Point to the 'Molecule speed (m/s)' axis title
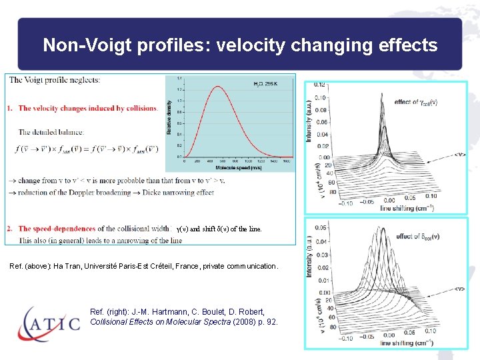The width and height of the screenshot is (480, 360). pyautogui.click(x=229, y=165)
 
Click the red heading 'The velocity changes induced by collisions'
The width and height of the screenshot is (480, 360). pyautogui.click(x=87, y=108)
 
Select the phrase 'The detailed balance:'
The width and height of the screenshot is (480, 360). pyautogui.click(x=51, y=132)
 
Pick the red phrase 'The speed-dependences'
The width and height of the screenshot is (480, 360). pyautogui.click(x=57, y=229)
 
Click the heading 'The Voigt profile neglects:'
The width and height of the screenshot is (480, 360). pyautogui.click(x=55, y=80)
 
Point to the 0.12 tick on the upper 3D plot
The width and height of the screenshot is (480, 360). pyautogui.click(x=321, y=85)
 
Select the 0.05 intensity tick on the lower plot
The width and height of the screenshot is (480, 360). pyautogui.click(x=321, y=228)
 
